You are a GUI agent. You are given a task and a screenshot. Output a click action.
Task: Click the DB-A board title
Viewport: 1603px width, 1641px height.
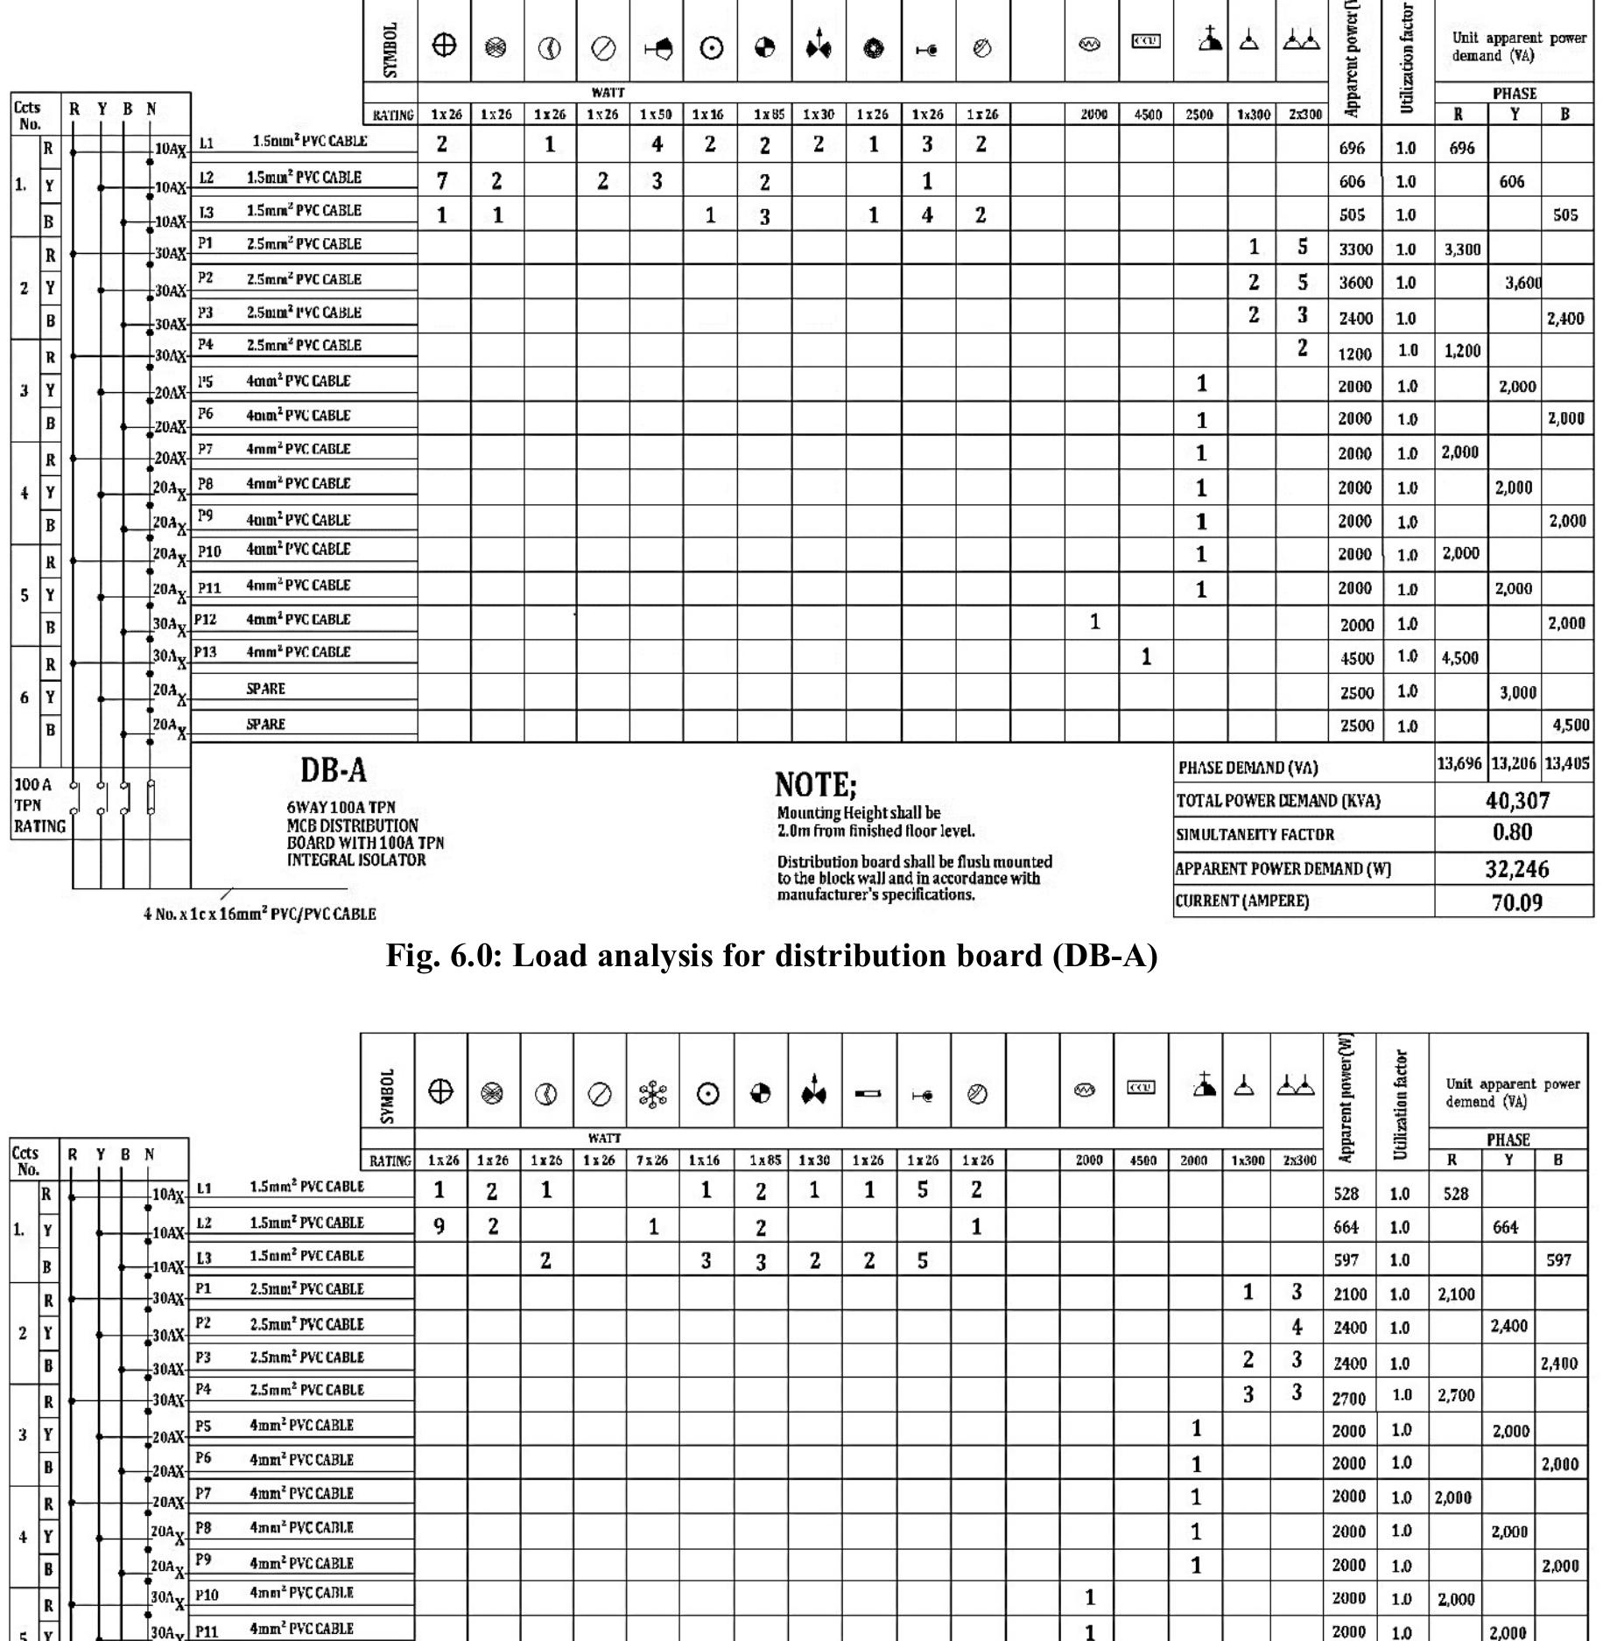click(x=334, y=770)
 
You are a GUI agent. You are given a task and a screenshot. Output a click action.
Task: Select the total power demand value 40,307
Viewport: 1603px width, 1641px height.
click(x=1517, y=801)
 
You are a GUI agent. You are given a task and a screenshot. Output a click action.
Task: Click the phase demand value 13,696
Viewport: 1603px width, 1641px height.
click(x=1459, y=764)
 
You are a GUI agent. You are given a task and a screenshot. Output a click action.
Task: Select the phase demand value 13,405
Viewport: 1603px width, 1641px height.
click(x=1567, y=764)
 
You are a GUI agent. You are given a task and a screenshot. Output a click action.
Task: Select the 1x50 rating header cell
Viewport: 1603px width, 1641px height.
click(x=656, y=114)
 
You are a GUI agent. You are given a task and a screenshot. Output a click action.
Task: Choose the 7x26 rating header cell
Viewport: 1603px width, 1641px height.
click(x=652, y=1161)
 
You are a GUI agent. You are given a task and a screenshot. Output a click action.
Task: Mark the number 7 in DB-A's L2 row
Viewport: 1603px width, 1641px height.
click(x=443, y=181)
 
